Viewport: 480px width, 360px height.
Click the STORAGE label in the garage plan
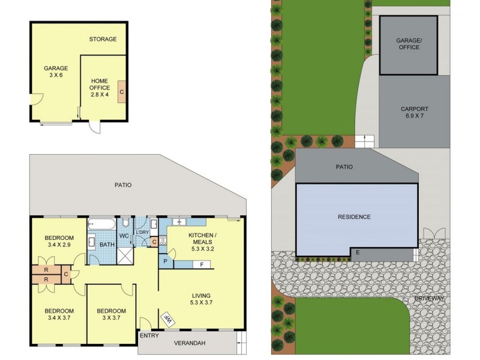click(x=103, y=39)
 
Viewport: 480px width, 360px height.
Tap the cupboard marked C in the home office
click(x=122, y=92)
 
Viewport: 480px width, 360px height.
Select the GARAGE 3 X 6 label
click(x=55, y=72)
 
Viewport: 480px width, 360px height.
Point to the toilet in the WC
click(x=125, y=224)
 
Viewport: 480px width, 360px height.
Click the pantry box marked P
click(x=164, y=262)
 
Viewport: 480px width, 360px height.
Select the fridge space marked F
click(x=202, y=264)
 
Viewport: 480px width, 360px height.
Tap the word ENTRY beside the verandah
click(x=149, y=335)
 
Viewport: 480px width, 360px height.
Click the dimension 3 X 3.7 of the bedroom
click(x=112, y=319)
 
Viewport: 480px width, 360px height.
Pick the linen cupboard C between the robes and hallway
click(x=66, y=275)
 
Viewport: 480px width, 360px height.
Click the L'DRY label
click(x=143, y=232)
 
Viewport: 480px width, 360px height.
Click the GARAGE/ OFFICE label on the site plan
click(x=409, y=43)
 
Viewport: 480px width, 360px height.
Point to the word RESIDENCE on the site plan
click(x=354, y=217)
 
